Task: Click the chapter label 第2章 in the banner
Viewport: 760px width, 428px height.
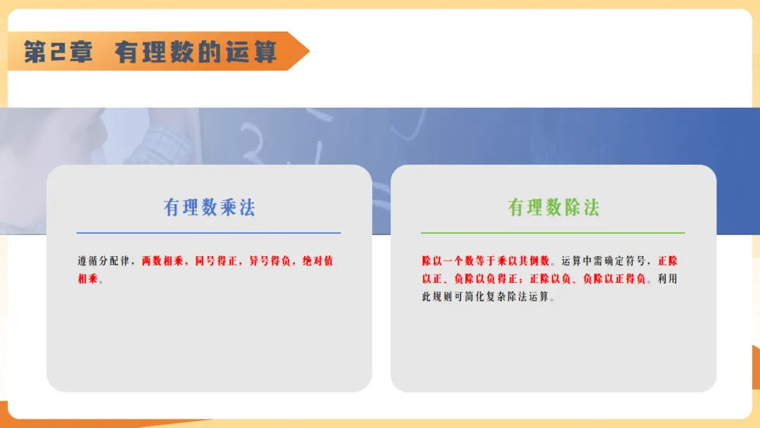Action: click(58, 51)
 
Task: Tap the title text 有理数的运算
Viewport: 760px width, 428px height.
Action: click(196, 52)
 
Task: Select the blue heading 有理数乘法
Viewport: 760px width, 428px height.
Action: click(210, 208)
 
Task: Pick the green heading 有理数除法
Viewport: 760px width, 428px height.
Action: click(554, 208)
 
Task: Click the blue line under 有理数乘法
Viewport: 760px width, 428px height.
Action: click(208, 233)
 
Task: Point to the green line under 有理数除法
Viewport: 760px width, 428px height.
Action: click(552, 233)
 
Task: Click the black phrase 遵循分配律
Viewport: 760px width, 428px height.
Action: click(103, 260)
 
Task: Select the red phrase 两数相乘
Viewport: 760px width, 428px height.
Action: click(163, 260)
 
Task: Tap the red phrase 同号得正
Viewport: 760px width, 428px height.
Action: click(216, 260)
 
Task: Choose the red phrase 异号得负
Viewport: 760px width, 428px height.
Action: click(270, 260)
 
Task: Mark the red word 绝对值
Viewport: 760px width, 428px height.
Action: click(318, 260)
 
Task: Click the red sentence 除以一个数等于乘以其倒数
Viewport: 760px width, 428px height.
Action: click(486, 260)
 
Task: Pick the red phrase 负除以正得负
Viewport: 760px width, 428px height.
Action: click(614, 279)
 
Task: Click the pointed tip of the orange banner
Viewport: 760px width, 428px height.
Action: click(309, 51)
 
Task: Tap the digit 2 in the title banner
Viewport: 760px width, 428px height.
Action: click(58, 52)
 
